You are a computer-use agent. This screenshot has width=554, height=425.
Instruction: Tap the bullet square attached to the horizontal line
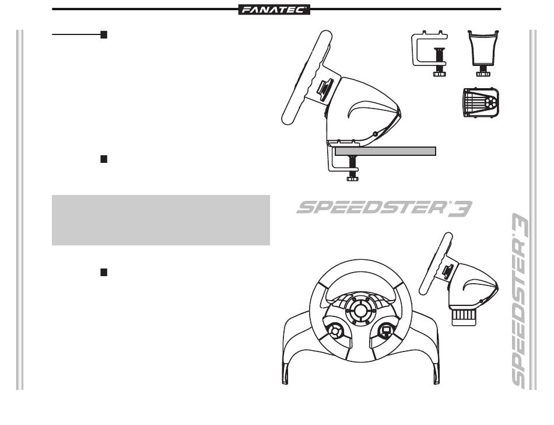(104, 35)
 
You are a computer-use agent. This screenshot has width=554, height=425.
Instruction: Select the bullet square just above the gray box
(104, 159)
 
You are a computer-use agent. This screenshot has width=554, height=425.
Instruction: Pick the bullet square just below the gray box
(104, 272)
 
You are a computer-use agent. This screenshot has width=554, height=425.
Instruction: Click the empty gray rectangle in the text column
(160, 220)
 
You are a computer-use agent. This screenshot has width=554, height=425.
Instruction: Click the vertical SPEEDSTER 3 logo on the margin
(520, 301)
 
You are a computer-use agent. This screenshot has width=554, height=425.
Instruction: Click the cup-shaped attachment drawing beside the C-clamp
(483, 50)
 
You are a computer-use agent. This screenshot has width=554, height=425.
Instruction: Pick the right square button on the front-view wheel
(385, 332)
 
